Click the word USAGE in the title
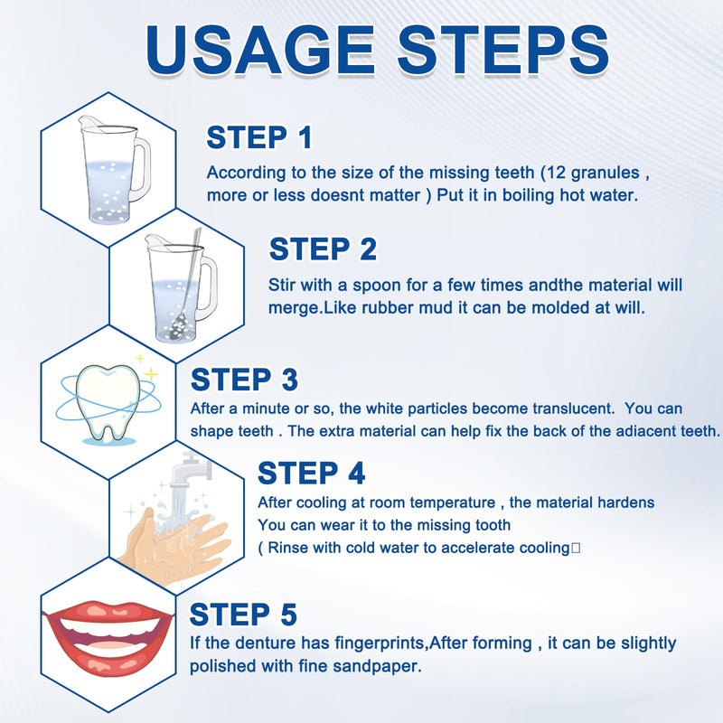[260, 50]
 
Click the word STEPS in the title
[503, 50]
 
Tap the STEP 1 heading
[259, 137]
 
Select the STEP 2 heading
[323, 249]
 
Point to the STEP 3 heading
[244, 380]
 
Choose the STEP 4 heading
[312, 473]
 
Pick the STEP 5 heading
[243, 615]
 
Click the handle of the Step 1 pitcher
[142, 170]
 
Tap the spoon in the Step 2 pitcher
[185, 286]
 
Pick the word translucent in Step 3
[573, 408]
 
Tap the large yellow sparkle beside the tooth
[151, 373]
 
